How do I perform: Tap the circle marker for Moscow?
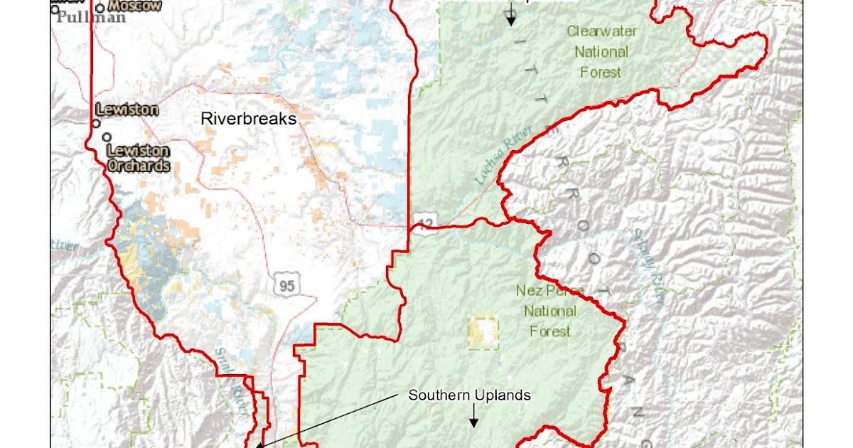pos(101,9)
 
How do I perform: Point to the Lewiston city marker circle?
pos(96,123)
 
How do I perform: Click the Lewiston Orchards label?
pos(139,158)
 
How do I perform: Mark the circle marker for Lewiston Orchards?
pos(107,137)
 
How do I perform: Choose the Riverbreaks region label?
pos(248,119)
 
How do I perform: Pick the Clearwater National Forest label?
pos(601,52)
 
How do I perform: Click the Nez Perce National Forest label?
pos(550,311)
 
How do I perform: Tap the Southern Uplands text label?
pos(469,395)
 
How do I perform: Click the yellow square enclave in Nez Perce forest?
pos(483,333)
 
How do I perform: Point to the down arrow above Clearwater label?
pos(510,18)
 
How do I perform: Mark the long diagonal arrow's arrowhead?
pos(259,445)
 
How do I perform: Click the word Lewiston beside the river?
pos(127,110)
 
